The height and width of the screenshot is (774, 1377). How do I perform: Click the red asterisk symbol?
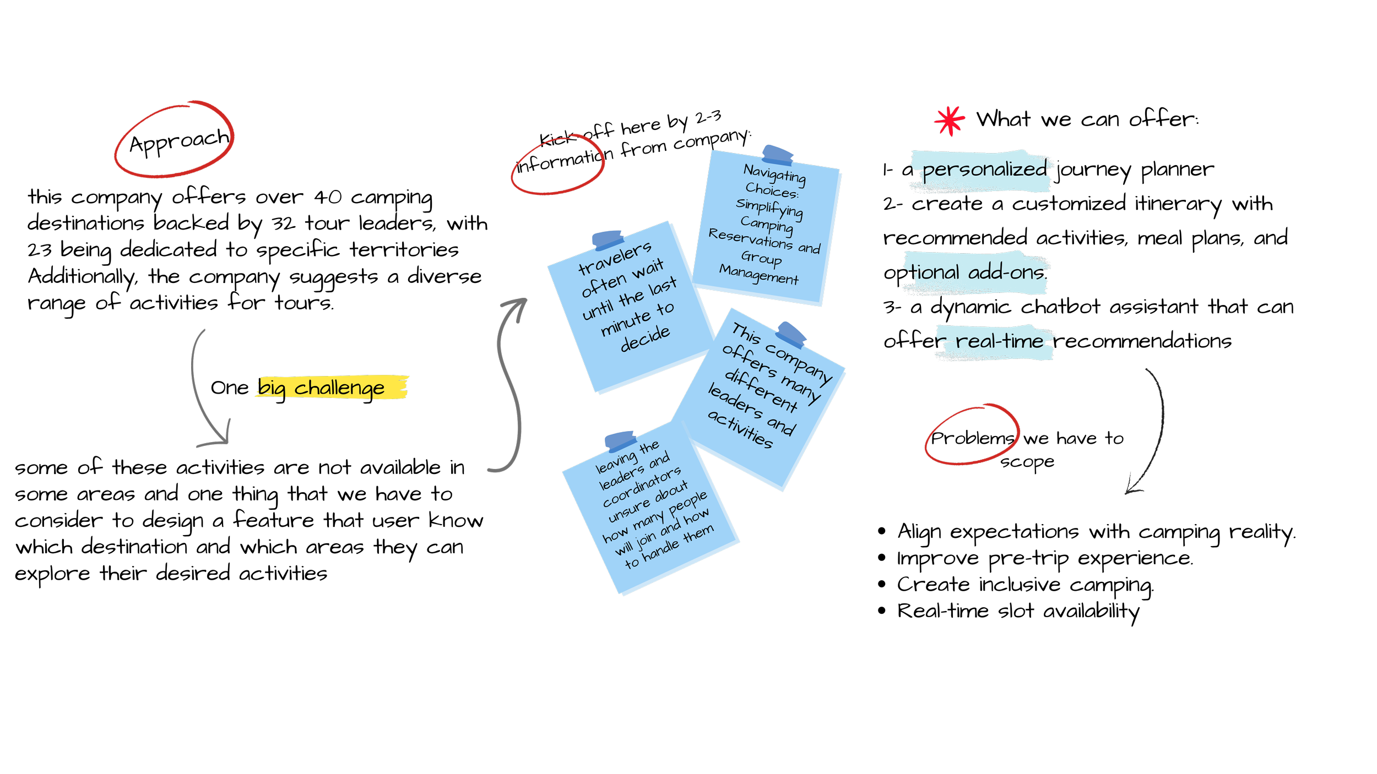(950, 121)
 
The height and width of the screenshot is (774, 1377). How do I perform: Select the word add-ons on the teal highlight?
(1006, 272)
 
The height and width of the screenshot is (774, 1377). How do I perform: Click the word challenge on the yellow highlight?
(339, 388)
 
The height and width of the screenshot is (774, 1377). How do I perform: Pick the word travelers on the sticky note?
(615, 258)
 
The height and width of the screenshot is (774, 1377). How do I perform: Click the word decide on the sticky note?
(645, 339)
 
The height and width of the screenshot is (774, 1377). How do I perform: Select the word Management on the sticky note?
(758, 274)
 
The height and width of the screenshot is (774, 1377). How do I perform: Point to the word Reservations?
(750, 238)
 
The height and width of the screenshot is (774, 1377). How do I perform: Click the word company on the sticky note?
(799, 363)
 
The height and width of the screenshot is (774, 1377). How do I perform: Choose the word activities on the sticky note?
(740, 429)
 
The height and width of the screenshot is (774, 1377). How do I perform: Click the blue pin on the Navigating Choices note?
(778, 154)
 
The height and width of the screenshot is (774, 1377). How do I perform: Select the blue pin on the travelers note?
(607, 240)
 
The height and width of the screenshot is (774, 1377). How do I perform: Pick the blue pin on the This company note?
(791, 334)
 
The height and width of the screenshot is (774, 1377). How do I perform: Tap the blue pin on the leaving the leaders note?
(621, 440)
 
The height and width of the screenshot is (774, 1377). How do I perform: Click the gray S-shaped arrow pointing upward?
(510, 385)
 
